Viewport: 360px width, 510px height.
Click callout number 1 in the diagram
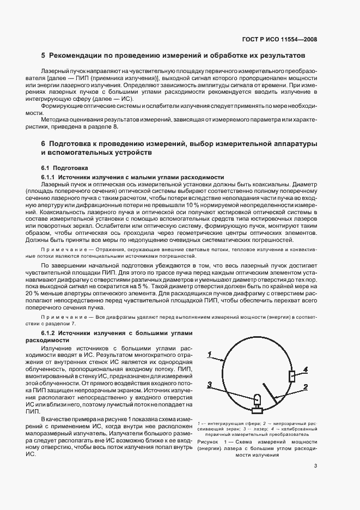209,354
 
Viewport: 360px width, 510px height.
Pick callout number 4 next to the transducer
306,369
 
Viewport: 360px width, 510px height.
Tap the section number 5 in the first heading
43,56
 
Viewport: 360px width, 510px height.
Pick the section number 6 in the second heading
43,143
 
